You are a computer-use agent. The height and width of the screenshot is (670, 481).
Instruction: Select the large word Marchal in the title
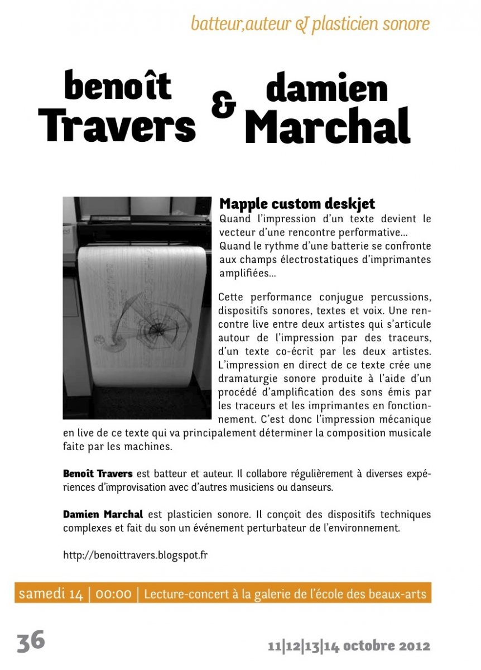[328, 126]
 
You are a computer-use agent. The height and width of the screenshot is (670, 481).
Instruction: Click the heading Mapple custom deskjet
[297, 204]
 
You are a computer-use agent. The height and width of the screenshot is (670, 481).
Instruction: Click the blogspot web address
[136, 556]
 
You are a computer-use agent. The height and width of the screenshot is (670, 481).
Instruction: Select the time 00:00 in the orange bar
[113, 594]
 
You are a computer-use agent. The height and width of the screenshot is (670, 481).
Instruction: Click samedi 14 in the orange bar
[51, 594]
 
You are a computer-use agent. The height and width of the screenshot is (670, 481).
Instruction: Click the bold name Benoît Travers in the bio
[98, 474]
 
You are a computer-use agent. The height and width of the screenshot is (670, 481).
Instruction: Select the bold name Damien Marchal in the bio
[103, 514]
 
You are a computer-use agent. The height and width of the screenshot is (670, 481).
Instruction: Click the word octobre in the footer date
[368, 647]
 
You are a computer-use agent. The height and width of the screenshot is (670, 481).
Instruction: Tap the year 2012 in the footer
[415, 647]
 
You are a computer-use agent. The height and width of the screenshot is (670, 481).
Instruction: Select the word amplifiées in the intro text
[244, 274]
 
